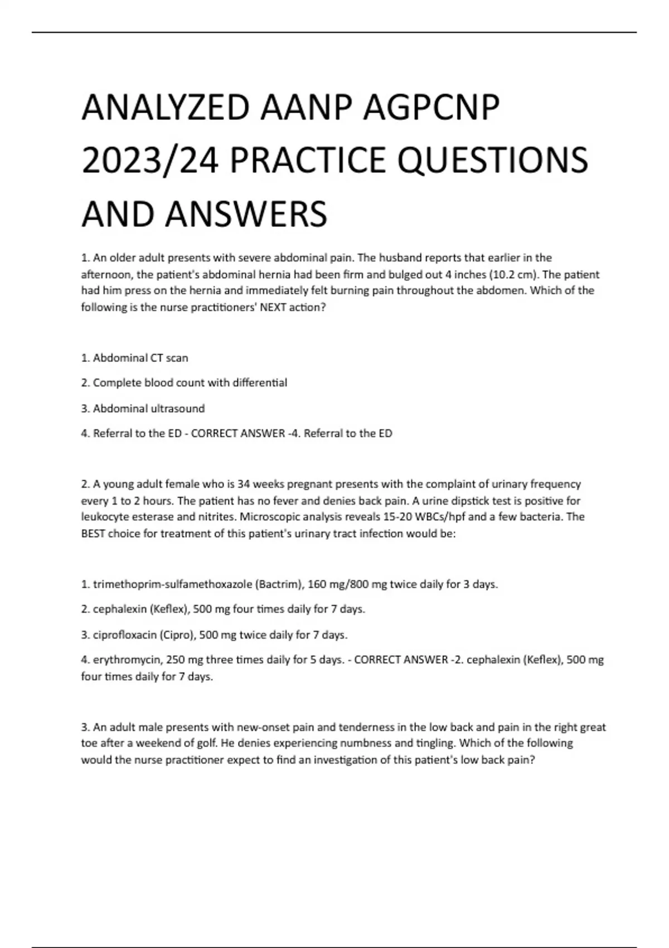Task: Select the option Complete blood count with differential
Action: pyautogui.click(x=185, y=383)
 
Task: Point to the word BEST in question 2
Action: pyautogui.click(x=93, y=534)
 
